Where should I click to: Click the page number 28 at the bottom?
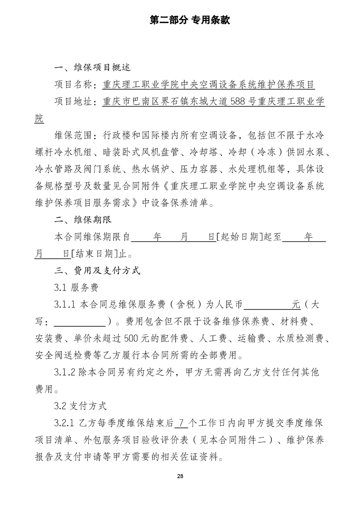(x=180, y=476)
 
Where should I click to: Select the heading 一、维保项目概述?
(x=92, y=68)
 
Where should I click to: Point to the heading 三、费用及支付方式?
(x=97, y=271)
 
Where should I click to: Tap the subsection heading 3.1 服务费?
(x=73, y=288)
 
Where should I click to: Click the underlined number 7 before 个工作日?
(x=181, y=422)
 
